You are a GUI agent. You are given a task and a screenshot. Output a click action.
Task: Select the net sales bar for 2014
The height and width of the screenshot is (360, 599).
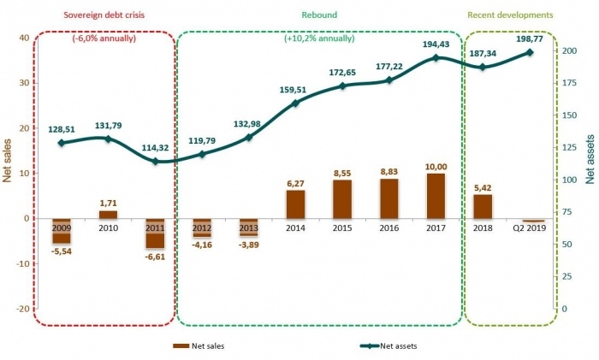tap(296, 204)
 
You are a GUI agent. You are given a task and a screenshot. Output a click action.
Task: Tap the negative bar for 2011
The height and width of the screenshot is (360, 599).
tap(156, 233)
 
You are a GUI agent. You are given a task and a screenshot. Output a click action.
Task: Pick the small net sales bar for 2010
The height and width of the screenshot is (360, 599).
tap(109, 214)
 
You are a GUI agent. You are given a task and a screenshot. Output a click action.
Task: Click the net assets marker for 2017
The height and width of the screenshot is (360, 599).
tap(436, 58)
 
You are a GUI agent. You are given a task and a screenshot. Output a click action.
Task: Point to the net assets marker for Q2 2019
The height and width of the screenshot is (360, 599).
tap(530, 52)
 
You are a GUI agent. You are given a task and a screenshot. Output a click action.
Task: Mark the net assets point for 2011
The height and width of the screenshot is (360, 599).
tap(156, 161)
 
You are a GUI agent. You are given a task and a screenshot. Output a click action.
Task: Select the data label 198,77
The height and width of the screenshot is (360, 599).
tap(530, 38)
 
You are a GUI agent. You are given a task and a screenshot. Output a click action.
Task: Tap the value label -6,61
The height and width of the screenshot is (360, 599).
tap(157, 254)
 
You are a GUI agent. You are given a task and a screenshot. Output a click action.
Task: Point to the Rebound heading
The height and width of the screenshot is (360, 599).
tap(319, 15)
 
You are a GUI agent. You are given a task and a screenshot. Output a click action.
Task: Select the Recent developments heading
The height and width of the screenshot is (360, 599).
tap(511, 15)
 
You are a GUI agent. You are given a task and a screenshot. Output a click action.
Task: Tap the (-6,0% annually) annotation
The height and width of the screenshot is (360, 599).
tap(104, 38)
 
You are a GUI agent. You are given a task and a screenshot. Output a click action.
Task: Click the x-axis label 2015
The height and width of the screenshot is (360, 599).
tap(343, 229)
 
